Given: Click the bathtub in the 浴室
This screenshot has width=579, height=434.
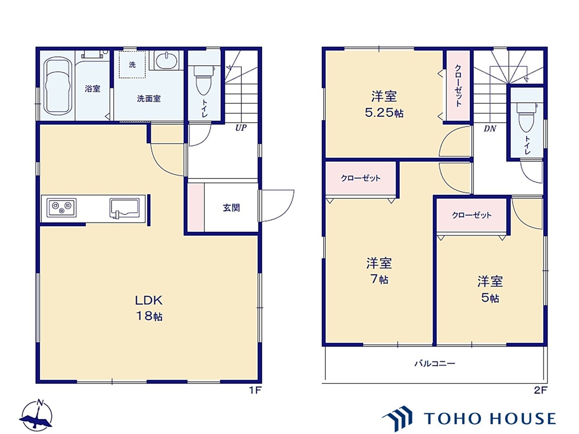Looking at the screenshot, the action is (x=59, y=85).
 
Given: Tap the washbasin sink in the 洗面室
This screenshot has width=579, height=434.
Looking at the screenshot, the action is (x=167, y=60).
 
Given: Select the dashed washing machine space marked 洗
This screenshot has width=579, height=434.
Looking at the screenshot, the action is (x=132, y=64).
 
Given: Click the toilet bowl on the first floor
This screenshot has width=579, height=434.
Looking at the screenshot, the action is (x=204, y=80).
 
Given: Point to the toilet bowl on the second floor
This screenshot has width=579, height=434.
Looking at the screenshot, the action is (x=527, y=117).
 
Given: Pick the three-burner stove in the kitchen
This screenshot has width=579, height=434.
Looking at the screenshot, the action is (x=62, y=208).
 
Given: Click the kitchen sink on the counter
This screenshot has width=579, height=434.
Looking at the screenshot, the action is (x=124, y=208).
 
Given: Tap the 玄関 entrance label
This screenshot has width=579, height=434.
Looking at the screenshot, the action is (x=231, y=208).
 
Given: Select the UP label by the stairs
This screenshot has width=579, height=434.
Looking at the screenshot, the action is (x=241, y=128).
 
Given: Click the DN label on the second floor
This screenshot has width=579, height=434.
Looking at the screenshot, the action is (x=490, y=128).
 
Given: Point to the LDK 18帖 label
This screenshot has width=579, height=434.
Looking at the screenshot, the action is (x=149, y=308).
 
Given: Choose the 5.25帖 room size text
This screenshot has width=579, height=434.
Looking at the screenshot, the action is (x=384, y=113).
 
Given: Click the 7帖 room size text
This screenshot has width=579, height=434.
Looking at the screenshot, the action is (x=380, y=279).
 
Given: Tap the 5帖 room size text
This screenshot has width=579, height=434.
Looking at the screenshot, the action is (x=490, y=298).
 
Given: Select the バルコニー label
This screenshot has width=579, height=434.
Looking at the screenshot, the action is (x=435, y=364).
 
